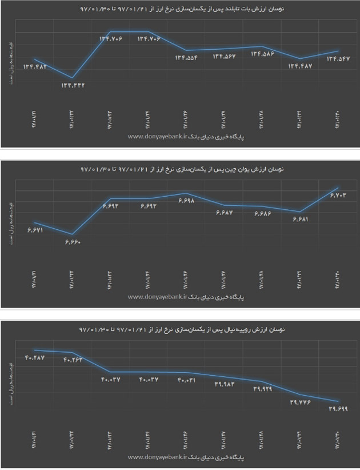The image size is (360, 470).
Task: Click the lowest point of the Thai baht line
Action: pos(72,78)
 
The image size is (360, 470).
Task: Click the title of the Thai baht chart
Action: pos(183,10)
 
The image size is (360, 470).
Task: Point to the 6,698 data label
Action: pos(187,201)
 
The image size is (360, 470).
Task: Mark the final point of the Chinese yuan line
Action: pos(338,188)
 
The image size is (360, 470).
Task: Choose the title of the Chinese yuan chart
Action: pos(183,169)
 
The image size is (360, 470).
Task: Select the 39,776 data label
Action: pos(301,403)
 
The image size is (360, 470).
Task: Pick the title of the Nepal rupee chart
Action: pos(183,330)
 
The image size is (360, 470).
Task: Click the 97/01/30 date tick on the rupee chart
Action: pos(338,437)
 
